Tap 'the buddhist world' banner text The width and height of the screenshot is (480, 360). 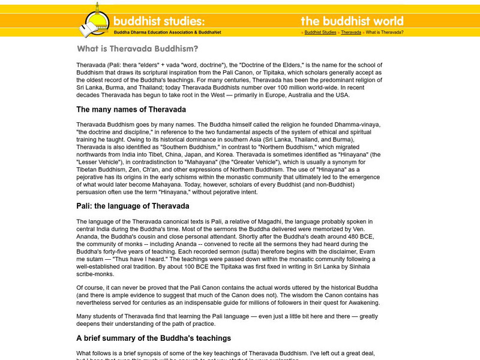pyautogui.click(x=352, y=21)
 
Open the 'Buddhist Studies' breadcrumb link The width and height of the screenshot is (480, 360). pyautogui.click(x=320, y=32)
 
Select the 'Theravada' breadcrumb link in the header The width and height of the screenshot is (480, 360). pyautogui.click(x=351, y=32)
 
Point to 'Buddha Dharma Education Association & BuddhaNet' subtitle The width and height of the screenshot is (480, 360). pyautogui.click(x=167, y=32)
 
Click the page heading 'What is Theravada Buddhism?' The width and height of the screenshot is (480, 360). pyautogui.click(x=137, y=49)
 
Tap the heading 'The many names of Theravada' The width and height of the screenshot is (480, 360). pyautogui.click(x=131, y=110)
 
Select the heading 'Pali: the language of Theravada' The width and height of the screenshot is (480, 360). pyautogui.click(x=133, y=206)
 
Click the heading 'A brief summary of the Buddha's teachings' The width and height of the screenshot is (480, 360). pyautogui.click(x=154, y=338)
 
